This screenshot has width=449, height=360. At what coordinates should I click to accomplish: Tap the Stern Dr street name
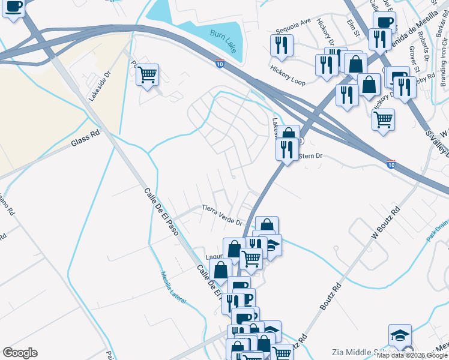tap(311, 156)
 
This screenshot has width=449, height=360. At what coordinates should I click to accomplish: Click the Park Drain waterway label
tap(437, 234)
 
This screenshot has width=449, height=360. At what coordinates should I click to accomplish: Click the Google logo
tap(20, 353)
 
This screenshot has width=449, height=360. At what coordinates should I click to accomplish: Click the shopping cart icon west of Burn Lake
tap(147, 74)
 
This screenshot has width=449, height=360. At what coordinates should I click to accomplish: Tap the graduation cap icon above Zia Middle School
tap(400, 335)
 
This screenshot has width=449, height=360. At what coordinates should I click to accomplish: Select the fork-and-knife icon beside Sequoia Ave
tap(281, 44)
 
